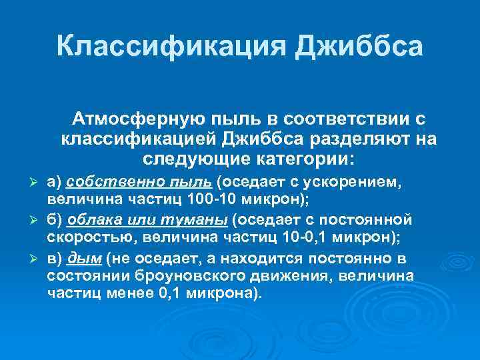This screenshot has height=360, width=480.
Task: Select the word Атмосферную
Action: pos(143,119)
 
